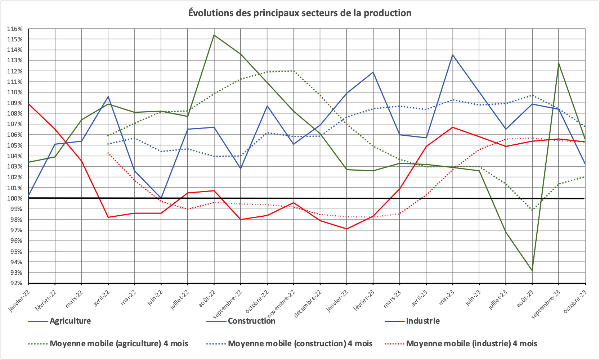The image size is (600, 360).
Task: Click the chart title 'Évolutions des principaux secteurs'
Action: coord(300,13)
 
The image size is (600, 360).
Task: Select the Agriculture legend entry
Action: coord(70,321)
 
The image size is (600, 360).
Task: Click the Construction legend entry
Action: coord(251,321)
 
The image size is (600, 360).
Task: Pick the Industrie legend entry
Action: coord(422,321)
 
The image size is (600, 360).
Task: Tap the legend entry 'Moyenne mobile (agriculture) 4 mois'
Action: coord(118,343)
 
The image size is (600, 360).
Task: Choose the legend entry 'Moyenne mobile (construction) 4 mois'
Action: coord(300,343)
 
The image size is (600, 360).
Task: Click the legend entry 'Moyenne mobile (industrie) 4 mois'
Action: coord(471,343)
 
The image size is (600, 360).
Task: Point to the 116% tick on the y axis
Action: coord(15,29)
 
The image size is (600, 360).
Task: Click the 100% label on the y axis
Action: coord(15,198)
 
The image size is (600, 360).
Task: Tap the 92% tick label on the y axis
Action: coord(15,283)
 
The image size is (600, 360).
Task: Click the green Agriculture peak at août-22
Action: coord(214,35)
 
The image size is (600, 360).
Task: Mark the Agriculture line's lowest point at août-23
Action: coord(532,270)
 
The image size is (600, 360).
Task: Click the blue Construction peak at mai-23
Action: coord(453,55)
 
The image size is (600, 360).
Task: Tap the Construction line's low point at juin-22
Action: coord(161,198)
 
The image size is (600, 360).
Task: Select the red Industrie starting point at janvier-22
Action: coord(29,104)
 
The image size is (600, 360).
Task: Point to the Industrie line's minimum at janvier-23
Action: coord(346,229)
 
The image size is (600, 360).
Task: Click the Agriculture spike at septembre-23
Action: coord(559,63)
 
